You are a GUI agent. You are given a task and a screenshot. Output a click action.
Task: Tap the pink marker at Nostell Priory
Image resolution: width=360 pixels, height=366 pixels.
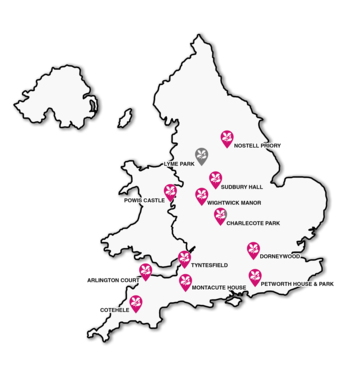(225, 137)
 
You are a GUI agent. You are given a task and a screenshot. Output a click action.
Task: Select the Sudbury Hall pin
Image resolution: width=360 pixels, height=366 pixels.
(214, 179)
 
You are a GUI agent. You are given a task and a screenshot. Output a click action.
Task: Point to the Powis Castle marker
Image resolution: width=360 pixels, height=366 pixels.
(171, 192)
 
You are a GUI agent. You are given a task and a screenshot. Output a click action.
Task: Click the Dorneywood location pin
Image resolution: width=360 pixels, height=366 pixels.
(253, 249)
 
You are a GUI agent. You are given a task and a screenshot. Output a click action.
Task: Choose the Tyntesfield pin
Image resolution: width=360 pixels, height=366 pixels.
(184, 259)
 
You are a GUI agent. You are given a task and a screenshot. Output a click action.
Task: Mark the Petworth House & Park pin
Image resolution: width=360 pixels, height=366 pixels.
(253, 277)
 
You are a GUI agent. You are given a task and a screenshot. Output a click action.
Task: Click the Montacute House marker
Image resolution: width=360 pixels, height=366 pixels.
(185, 282)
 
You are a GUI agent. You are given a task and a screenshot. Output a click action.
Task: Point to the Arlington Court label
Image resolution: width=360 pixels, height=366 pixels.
(112, 280)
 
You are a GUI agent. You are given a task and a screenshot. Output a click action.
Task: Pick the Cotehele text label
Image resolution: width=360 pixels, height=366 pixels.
(115, 311)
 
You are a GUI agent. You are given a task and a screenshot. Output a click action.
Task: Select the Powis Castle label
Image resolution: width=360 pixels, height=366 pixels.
(144, 200)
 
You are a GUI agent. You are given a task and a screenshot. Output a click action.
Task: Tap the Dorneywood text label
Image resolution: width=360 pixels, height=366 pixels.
(280, 256)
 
